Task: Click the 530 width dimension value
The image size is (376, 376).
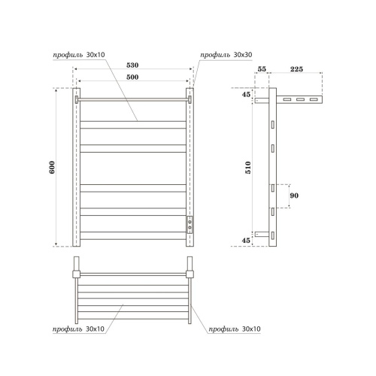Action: tap(132, 65)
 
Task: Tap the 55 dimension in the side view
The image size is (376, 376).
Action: tap(262, 68)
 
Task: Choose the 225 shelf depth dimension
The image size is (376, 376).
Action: tap(295, 68)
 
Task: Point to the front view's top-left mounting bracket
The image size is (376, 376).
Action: tap(77, 99)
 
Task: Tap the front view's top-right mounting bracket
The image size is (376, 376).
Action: tap(190, 99)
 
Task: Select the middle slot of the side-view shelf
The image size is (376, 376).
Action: tap(299, 100)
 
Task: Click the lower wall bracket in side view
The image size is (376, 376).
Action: tap(261, 235)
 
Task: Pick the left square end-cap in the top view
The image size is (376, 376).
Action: tap(76, 268)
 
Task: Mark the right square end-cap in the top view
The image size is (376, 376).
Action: tap(190, 268)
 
